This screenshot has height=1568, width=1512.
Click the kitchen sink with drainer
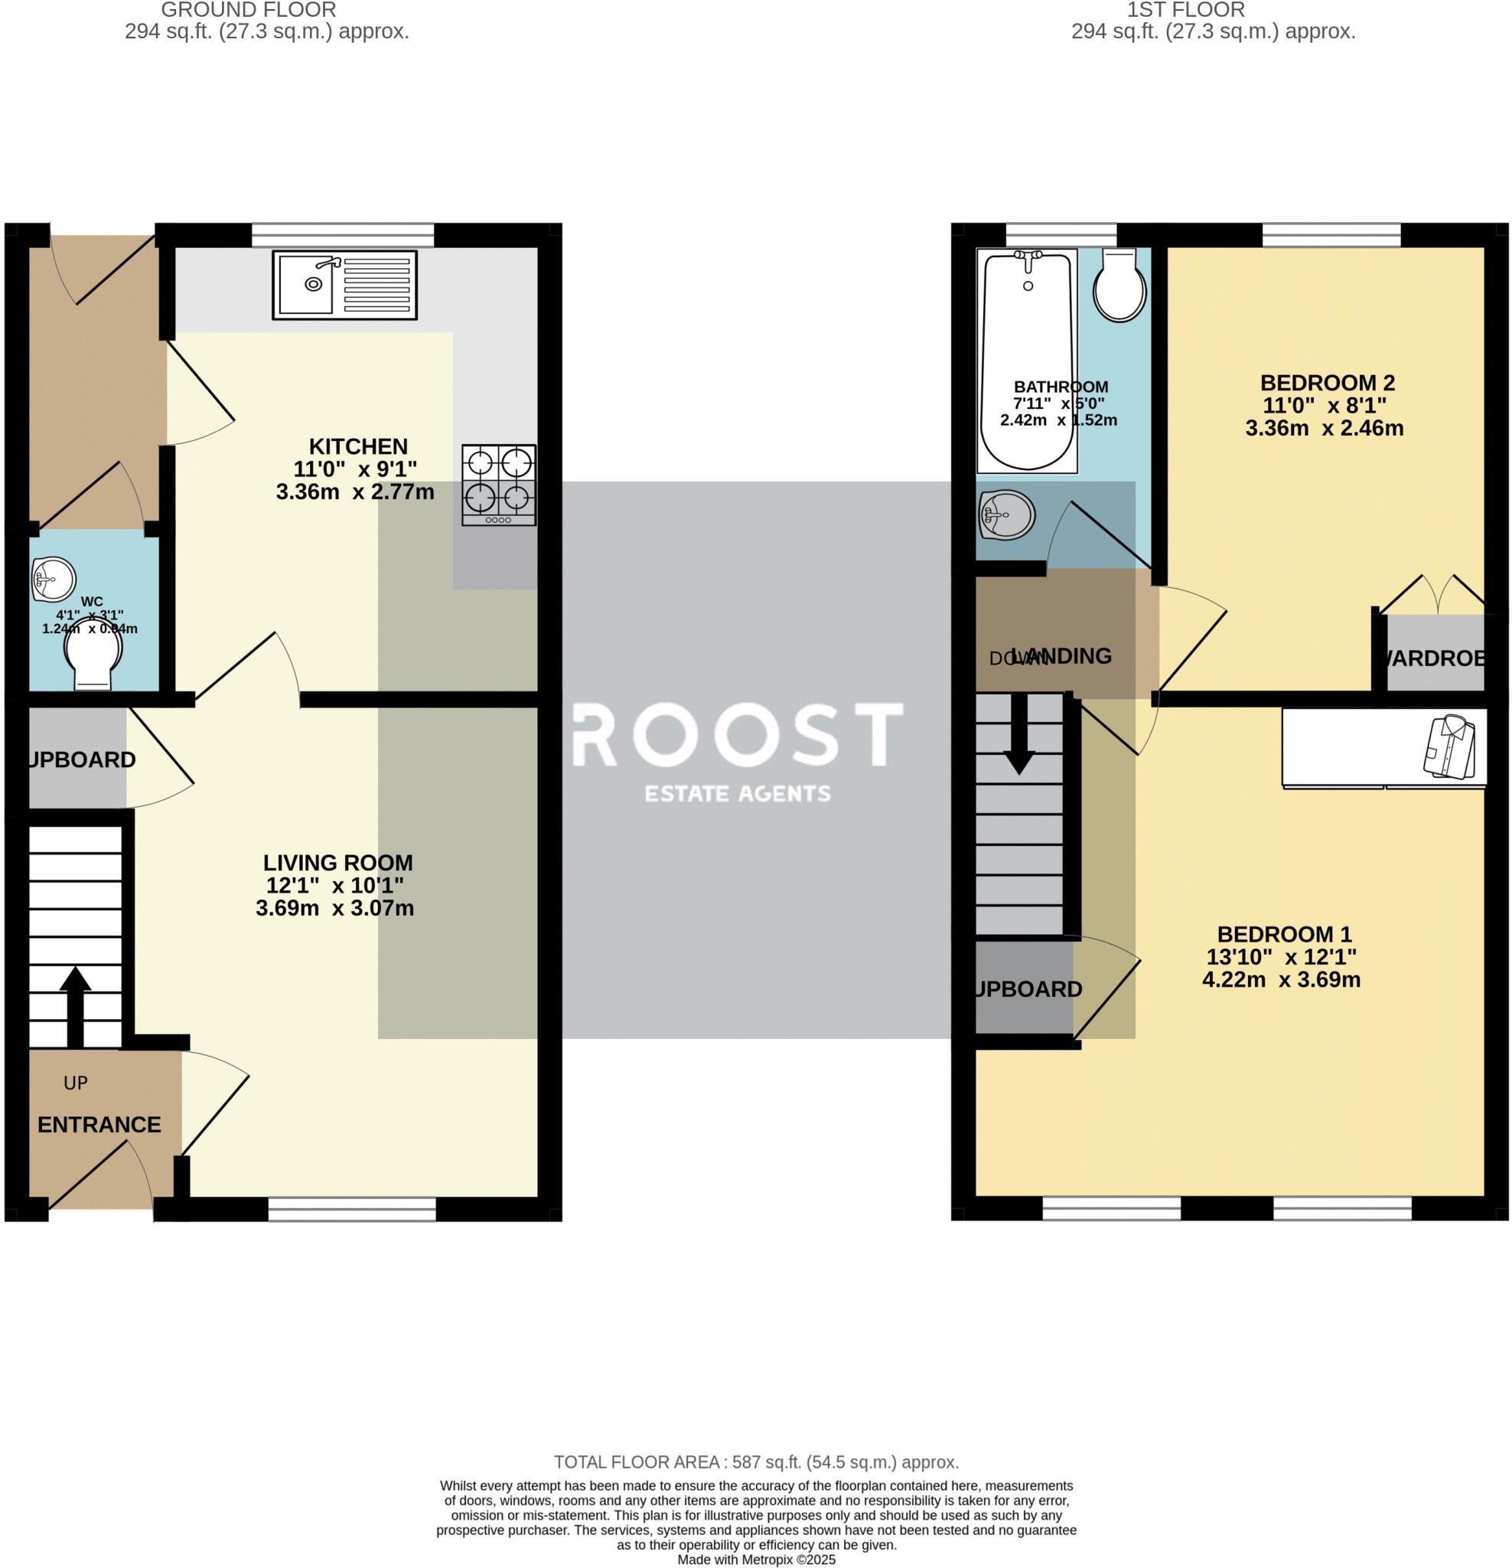[344, 285]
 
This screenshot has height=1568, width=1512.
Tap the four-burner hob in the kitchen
[498, 485]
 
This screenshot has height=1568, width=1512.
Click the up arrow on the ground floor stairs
[75, 1005]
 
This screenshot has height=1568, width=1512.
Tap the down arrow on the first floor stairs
[1018, 734]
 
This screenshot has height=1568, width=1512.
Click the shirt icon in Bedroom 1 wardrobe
[1448, 746]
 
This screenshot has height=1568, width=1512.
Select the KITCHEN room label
[358, 446]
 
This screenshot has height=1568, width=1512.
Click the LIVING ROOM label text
[337, 862]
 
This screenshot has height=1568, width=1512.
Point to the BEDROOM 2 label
[1327, 382]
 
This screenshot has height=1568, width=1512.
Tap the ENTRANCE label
[99, 1125]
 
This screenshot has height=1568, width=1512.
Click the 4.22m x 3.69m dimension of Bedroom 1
[1281, 979]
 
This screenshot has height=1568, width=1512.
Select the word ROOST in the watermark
[737, 734]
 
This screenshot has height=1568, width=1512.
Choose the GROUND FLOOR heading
[248, 11]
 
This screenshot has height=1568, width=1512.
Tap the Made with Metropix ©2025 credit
[755, 1560]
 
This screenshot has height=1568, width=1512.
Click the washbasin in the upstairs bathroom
[1006, 514]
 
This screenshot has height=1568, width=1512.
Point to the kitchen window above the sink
[342, 235]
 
